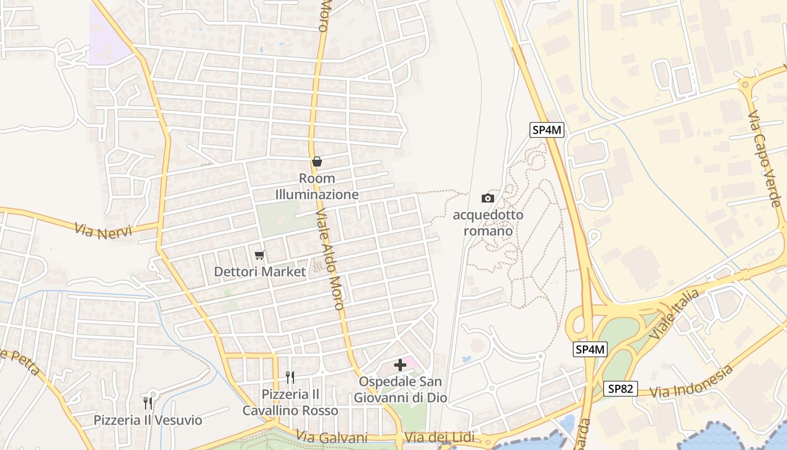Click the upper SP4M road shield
(x=547, y=130)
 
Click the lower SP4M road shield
(x=590, y=349)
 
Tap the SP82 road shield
(x=621, y=388)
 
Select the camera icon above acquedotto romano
(x=488, y=198)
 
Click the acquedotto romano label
(x=488, y=223)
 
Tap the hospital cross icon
(x=400, y=366)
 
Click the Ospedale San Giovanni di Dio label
(x=400, y=390)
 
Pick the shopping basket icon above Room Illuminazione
(x=317, y=162)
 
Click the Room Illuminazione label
(x=317, y=187)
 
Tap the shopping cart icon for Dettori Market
(x=259, y=255)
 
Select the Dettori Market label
(x=260, y=272)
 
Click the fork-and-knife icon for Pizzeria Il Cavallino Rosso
(x=290, y=377)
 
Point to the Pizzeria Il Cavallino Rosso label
(x=290, y=402)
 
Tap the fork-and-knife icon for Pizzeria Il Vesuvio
(x=147, y=403)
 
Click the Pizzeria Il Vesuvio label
(x=148, y=420)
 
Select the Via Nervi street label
(x=103, y=231)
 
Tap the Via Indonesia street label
(x=691, y=383)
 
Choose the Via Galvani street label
(x=332, y=438)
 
